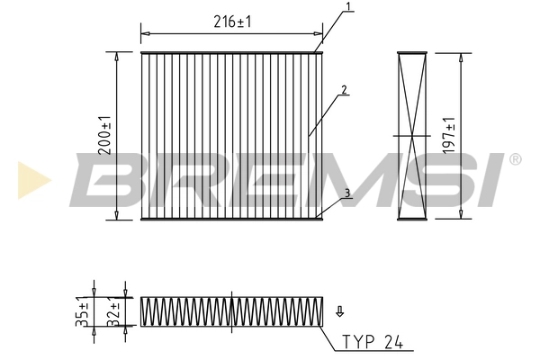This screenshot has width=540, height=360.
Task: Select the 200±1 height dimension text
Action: click(x=104, y=136)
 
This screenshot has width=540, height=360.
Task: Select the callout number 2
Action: click(x=345, y=90)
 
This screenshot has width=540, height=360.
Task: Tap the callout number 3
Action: click(x=346, y=193)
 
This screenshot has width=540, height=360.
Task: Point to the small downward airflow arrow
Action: click(x=339, y=312)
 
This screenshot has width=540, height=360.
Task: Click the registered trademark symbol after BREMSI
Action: click(x=515, y=159)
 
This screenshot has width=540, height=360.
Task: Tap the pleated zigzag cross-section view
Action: click(x=231, y=310)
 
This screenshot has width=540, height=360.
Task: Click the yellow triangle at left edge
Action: click(x=30, y=179)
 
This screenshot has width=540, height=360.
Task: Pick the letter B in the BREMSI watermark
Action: click(x=103, y=180)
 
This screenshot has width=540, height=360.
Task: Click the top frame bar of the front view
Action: click(x=232, y=52)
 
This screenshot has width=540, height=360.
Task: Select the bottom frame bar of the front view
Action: click(x=232, y=219)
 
